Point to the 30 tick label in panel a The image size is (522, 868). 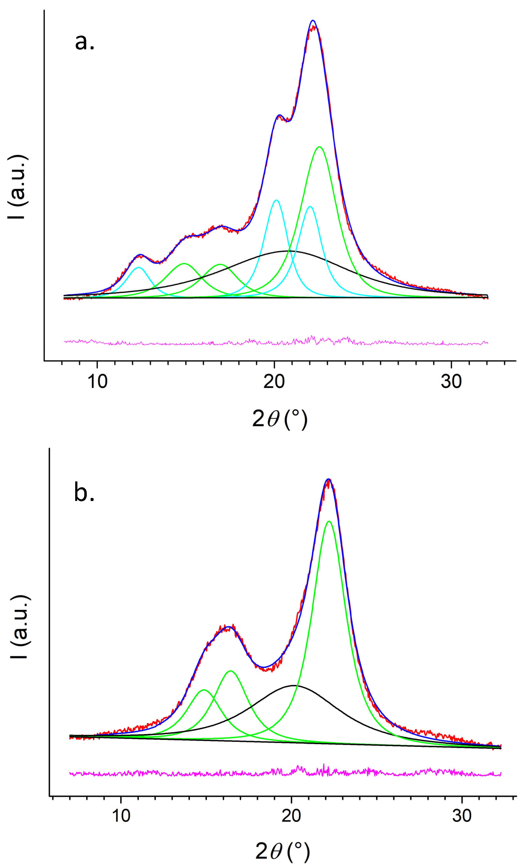click(x=451, y=382)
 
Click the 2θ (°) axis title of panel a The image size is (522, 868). click(x=280, y=419)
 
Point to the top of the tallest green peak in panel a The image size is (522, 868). click(x=319, y=147)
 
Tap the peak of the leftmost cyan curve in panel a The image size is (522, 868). click(x=139, y=267)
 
